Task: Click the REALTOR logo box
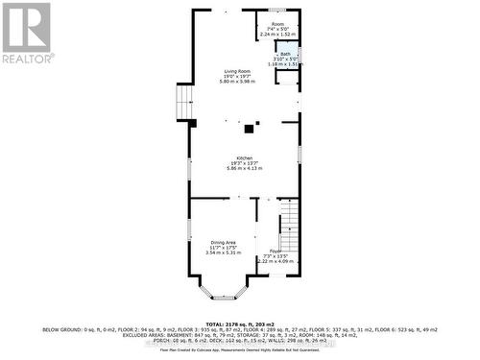[x=27, y=33]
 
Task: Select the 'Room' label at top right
[x=277, y=23]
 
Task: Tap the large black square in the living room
[x=250, y=127]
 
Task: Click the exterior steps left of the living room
[x=183, y=100]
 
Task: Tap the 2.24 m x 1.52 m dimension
[x=277, y=34]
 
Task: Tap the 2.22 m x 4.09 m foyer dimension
[x=274, y=261]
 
